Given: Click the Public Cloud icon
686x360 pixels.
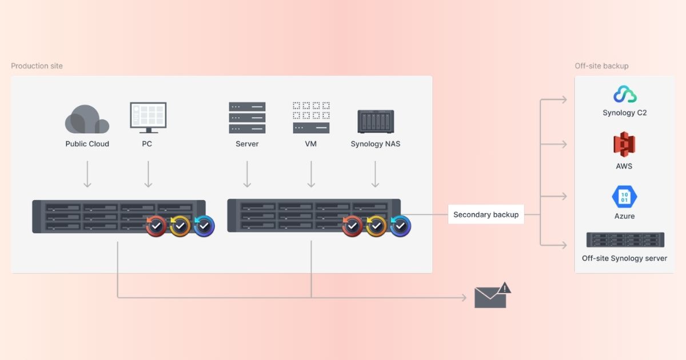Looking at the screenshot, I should pyautogui.click(x=87, y=119).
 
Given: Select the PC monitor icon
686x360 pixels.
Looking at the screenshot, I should pyautogui.click(x=147, y=117).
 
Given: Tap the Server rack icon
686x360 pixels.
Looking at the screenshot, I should pyautogui.click(x=247, y=118).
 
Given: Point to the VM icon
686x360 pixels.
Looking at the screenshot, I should pyautogui.click(x=311, y=118).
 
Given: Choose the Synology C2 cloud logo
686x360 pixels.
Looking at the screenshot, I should pyautogui.click(x=625, y=94).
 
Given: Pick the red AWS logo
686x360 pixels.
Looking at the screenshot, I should pyautogui.click(x=624, y=143).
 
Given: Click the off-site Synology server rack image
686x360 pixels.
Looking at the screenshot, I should pyautogui.click(x=625, y=240).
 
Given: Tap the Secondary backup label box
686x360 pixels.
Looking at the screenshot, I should pyautogui.click(x=486, y=214).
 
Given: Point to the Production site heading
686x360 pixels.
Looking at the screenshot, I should pyautogui.click(x=37, y=66).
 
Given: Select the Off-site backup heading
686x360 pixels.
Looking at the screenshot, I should pyautogui.click(x=601, y=66).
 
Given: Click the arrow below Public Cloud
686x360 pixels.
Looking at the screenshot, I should pyautogui.click(x=87, y=174).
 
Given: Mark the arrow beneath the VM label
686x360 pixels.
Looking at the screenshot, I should pyautogui.click(x=311, y=174).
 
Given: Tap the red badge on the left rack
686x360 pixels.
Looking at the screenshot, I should pyautogui.click(x=156, y=226).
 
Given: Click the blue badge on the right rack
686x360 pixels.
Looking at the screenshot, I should pyautogui.click(x=400, y=226).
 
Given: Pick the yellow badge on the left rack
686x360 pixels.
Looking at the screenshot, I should pyautogui.click(x=180, y=226).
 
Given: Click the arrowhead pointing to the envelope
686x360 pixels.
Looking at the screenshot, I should pyautogui.click(x=464, y=298).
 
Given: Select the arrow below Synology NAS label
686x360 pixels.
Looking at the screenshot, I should pyautogui.click(x=376, y=174).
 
